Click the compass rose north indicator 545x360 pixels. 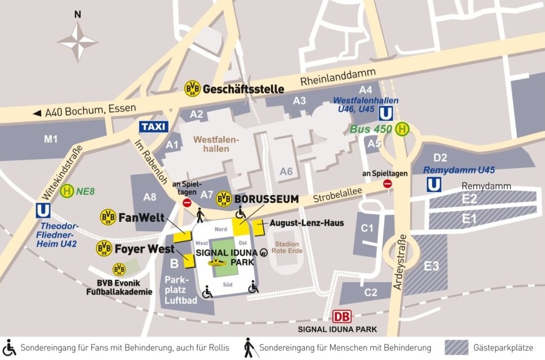[78, 15]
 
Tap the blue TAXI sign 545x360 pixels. [153, 127]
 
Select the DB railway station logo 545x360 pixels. [343, 317]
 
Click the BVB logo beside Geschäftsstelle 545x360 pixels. [193, 88]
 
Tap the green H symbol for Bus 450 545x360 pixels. [402, 129]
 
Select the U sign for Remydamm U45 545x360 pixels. [433, 184]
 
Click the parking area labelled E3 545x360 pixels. [431, 266]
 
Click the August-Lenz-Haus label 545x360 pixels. [307, 223]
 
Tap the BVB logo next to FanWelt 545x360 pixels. [108, 216]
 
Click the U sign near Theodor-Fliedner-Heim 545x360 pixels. [42, 211]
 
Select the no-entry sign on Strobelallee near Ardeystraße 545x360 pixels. [387, 184]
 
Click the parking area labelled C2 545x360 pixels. [370, 292]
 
